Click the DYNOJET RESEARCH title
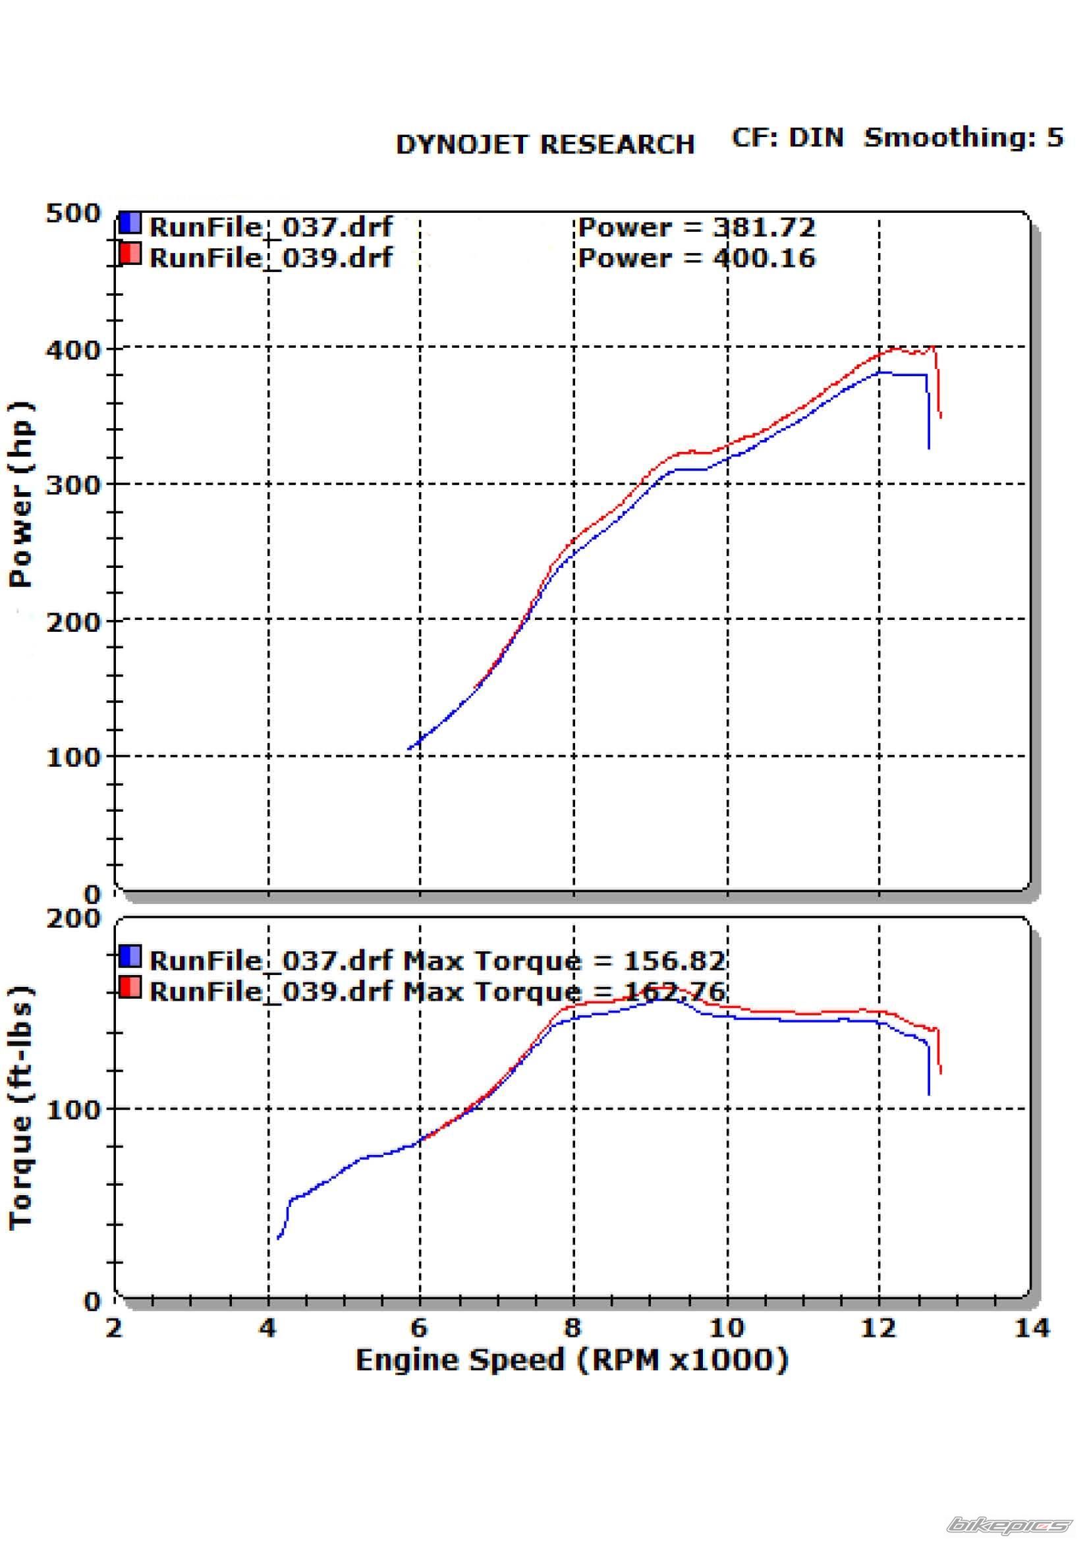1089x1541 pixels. tap(545, 144)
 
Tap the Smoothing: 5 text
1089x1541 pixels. tap(964, 138)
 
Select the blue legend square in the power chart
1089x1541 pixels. tap(130, 223)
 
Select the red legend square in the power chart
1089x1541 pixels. tap(130, 254)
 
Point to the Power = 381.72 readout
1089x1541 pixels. tap(696, 227)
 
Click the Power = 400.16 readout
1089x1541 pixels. tap(696, 258)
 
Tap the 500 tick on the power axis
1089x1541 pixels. tap(72, 213)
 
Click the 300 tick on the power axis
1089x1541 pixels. tap(72, 485)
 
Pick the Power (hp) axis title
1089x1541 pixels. tap(22, 495)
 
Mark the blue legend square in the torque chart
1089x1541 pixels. tap(130, 956)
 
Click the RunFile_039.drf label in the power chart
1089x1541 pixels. tap(270, 258)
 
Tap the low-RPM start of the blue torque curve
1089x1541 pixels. tap(278, 1239)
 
